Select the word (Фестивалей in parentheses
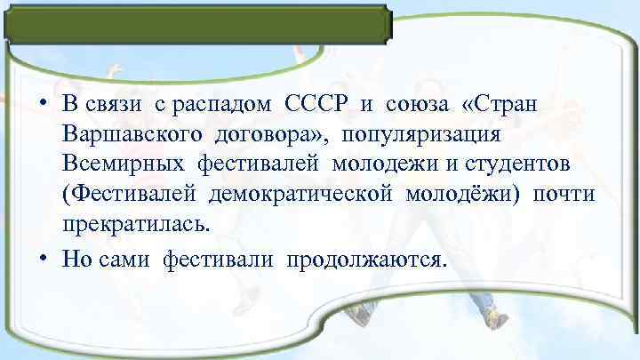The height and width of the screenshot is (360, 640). (x=131, y=195)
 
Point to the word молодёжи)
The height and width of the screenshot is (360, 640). (x=462, y=195)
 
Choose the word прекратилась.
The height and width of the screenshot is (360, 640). (x=137, y=225)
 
